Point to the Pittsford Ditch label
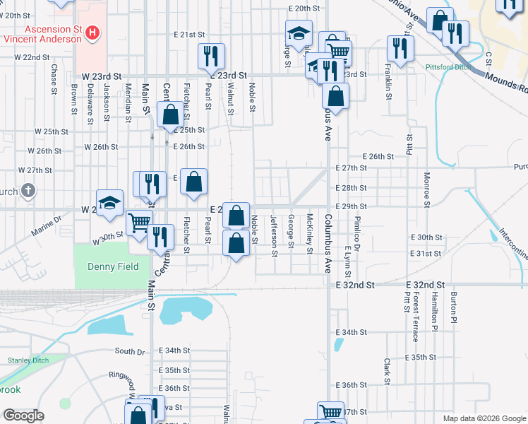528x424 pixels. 448,67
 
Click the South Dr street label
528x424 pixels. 129,351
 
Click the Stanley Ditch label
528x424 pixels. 26,360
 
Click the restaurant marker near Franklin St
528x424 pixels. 401,49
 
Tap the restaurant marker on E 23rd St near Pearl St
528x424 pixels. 210,55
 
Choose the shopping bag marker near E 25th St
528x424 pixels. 171,114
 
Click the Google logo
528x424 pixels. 23,416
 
